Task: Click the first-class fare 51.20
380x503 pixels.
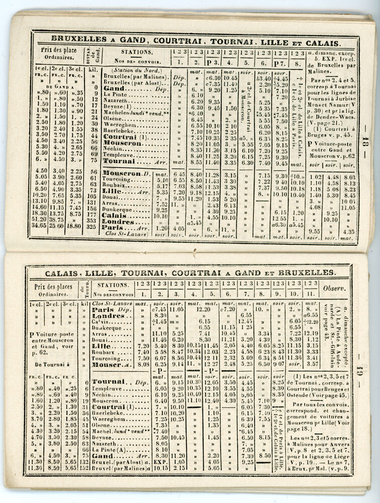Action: click(x=40, y=219)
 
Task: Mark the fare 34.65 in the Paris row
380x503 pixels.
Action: click(x=40, y=226)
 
